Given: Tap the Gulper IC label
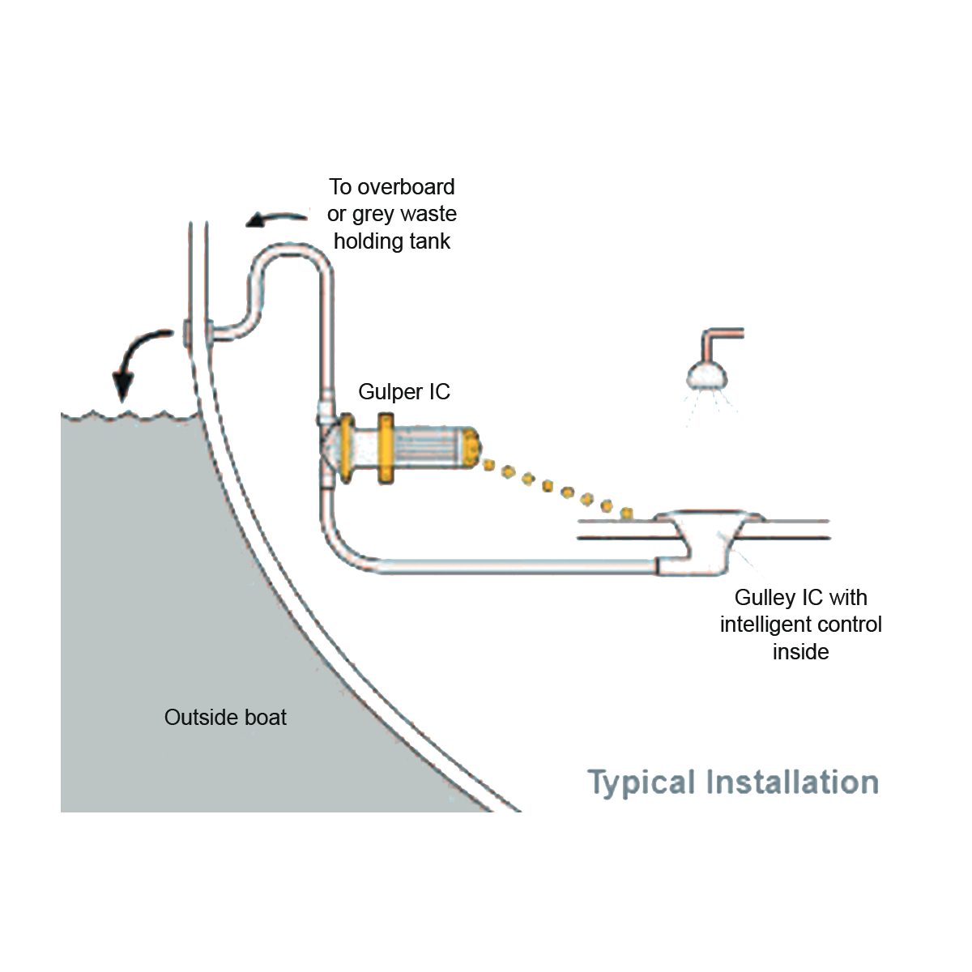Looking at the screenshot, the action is coord(404,392).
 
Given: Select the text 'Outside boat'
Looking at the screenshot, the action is coord(225,718).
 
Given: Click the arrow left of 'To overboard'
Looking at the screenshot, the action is coord(276,219).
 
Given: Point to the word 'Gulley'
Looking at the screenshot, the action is coord(765,599).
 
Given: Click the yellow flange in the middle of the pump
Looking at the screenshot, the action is coord(386,449).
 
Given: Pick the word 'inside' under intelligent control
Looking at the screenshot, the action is coord(800,652).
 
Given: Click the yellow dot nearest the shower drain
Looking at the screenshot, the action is coord(627,514).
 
